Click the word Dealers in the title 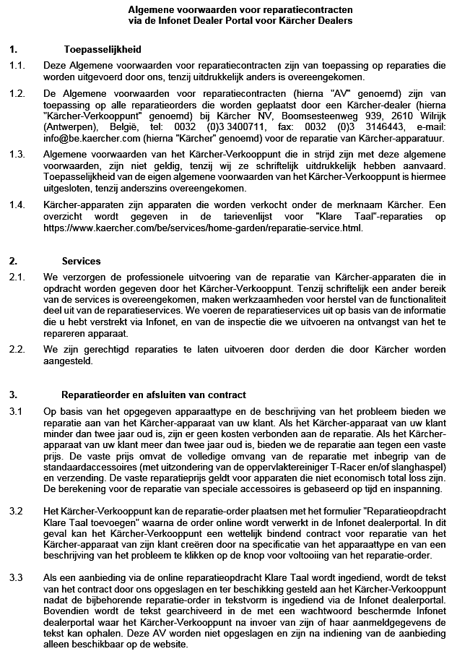(x=334, y=22)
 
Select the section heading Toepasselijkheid (x=103, y=50)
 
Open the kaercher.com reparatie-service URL (x=202, y=228)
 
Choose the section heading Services (x=82, y=261)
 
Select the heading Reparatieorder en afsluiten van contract (x=154, y=395)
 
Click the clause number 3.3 (x=16, y=577)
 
